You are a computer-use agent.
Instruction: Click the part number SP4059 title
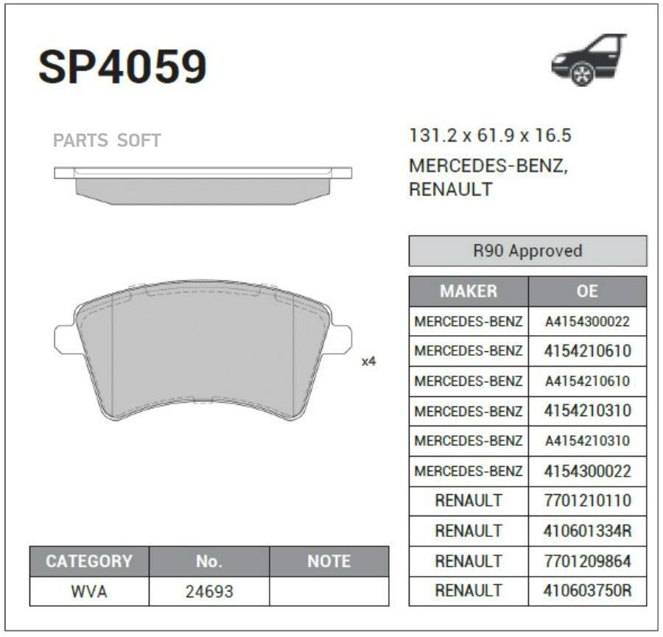pyautogui.click(x=122, y=66)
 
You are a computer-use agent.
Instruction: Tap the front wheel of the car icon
pyautogui.click(x=582, y=74)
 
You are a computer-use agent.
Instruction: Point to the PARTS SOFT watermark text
pyautogui.click(x=107, y=141)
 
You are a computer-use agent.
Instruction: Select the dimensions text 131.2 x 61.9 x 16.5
pyautogui.click(x=490, y=136)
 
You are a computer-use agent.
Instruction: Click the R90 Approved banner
pyautogui.click(x=527, y=250)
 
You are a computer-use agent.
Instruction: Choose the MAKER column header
pyautogui.click(x=469, y=291)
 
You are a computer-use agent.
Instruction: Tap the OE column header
pyautogui.click(x=587, y=291)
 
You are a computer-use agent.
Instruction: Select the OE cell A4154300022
pyautogui.click(x=587, y=322)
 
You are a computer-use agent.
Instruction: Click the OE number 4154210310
pyautogui.click(x=587, y=410)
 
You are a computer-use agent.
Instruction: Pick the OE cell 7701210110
pyautogui.click(x=587, y=501)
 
